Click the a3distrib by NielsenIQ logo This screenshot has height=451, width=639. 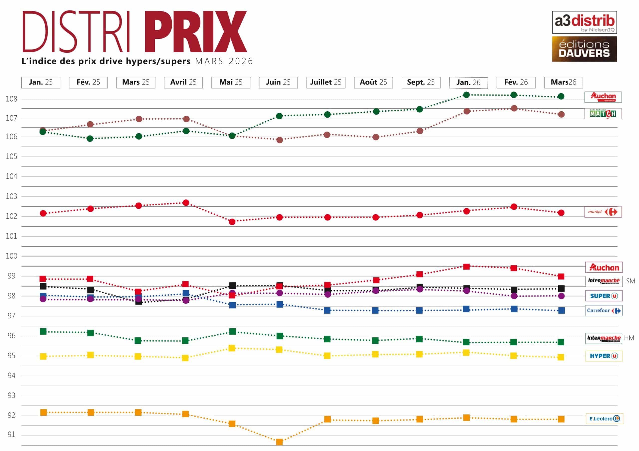coord(584,22)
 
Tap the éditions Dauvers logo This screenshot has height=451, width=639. coord(584,49)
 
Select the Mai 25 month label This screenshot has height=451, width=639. coord(231,82)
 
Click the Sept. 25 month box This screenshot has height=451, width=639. coord(421,82)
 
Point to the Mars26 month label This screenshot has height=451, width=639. coord(563,82)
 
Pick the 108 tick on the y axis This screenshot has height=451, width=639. coord(11,99)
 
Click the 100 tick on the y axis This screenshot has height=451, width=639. coord(11,256)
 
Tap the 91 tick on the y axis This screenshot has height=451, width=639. coord(11,434)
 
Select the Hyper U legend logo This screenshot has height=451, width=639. coord(603,356)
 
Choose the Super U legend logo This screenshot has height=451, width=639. coord(603,296)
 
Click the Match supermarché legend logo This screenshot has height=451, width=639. coord(603,114)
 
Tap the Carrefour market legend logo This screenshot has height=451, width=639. coord(603,212)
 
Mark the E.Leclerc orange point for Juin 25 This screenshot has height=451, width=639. coord(279,442)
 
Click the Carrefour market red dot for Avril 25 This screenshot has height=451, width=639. coord(186,203)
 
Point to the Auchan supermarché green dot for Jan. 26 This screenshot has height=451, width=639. coord(467,95)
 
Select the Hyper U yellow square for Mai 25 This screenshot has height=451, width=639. coord(232,348)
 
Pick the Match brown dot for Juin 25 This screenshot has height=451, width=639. coord(280,140)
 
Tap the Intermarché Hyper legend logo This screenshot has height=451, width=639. coord(603,338)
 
